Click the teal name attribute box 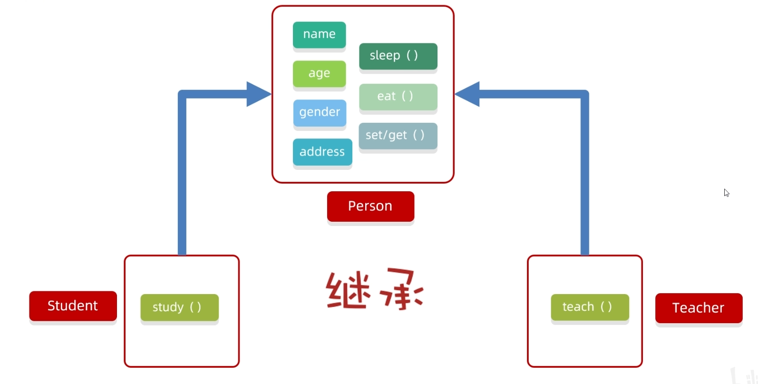(319, 34)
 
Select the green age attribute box (319, 73)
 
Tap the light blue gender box (320, 112)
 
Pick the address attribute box (322, 152)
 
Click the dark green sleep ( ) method (398, 56)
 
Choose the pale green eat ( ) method (398, 97)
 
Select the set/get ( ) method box (398, 136)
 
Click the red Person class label (370, 206)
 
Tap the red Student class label (73, 305)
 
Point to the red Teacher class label (699, 308)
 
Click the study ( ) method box (179, 307)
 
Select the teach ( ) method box (590, 307)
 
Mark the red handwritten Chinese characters (374, 290)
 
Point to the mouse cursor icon (726, 193)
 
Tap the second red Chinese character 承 (401, 290)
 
